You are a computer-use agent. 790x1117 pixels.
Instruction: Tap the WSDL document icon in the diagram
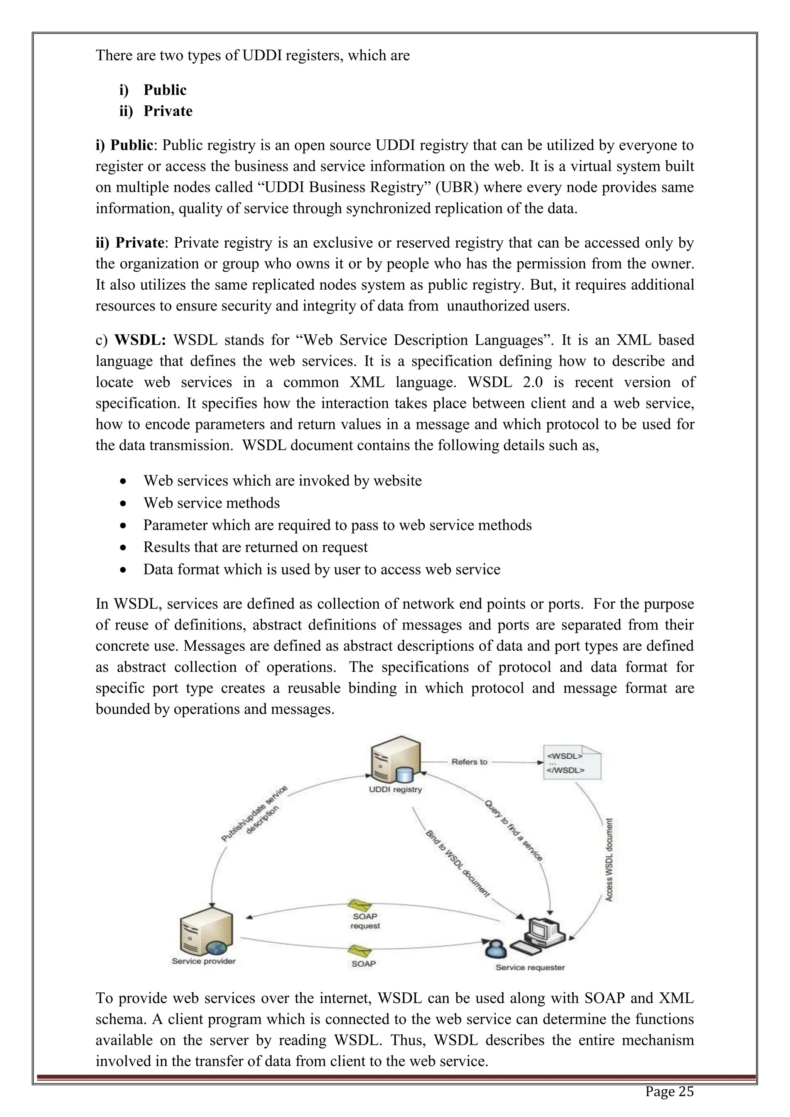click(x=571, y=762)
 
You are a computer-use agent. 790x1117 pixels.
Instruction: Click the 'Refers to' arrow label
click(x=469, y=762)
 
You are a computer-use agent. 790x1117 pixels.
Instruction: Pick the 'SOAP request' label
click(x=365, y=921)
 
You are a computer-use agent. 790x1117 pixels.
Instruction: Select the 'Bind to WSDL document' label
click(x=457, y=864)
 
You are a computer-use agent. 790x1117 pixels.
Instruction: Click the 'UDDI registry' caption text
click(x=395, y=789)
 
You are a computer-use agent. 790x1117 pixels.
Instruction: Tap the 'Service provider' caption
click(x=203, y=961)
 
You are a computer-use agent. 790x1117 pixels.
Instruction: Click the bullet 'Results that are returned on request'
click(x=255, y=547)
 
